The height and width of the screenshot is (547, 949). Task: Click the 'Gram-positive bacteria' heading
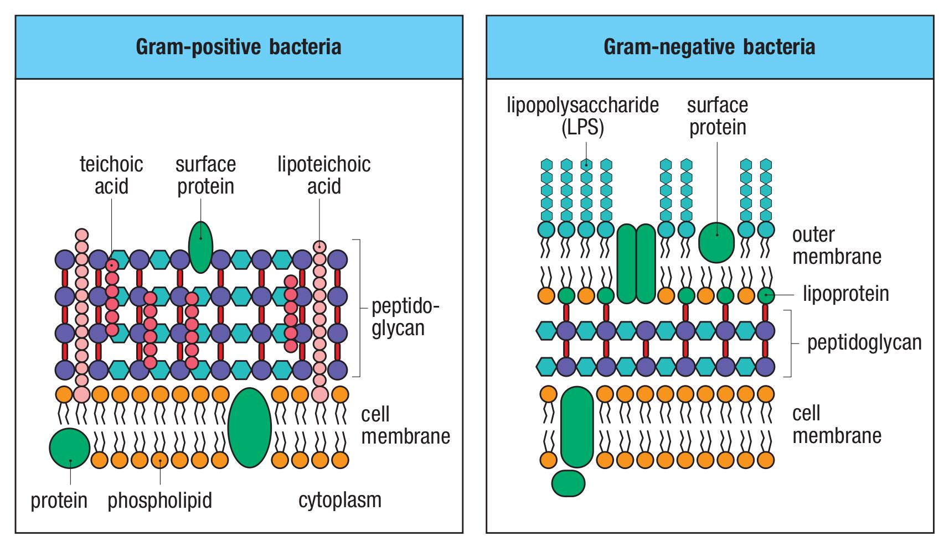coord(239,46)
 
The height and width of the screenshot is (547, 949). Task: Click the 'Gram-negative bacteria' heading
coord(709,46)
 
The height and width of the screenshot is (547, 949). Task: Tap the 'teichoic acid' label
coord(111,175)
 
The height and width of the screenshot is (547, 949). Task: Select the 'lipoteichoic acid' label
coord(324,175)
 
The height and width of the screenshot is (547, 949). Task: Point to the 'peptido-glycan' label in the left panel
coord(405,317)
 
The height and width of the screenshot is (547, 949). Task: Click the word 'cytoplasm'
coord(340,501)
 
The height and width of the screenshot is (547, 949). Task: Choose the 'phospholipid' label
coord(159,501)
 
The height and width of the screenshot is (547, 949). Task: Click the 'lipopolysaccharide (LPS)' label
coord(582,116)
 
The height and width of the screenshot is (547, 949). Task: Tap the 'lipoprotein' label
coord(845,294)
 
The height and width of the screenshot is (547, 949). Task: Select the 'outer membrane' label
coord(837,246)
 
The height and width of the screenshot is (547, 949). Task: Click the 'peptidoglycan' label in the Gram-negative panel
coord(864,343)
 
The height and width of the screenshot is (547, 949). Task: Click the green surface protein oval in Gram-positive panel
coord(200,247)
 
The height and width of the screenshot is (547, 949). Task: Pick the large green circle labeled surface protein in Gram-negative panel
coord(716,242)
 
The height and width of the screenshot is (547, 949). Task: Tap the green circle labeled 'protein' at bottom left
coord(69,449)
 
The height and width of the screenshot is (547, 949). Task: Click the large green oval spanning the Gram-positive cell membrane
coord(250,428)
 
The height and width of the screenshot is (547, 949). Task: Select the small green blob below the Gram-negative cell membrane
coord(568,483)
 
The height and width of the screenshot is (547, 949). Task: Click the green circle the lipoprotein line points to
coord(766,295)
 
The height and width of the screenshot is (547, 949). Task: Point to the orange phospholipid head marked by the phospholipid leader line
coord(159,460)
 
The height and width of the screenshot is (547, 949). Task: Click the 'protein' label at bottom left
coord(59,501)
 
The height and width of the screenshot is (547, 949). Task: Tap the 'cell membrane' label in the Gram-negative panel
coord(837,424)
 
